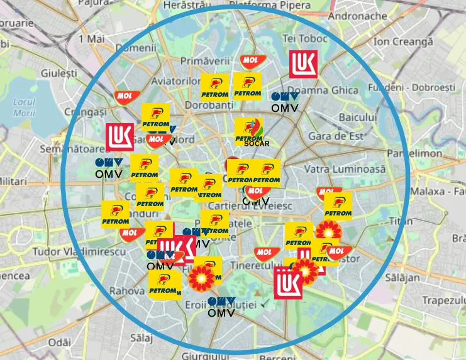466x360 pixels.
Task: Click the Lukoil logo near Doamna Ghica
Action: coord(302,65)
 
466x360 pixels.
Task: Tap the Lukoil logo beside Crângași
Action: coord(119,137)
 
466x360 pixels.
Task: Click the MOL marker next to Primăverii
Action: coord(250,61)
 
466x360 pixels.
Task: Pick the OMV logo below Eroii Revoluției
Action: coord(221,307)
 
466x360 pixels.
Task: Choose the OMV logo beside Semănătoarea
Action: coord(108,167)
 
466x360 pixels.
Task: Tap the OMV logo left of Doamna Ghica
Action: coord(284,102)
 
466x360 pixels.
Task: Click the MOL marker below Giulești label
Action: coord(123,95)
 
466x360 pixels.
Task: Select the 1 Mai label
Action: coord(92,39)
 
